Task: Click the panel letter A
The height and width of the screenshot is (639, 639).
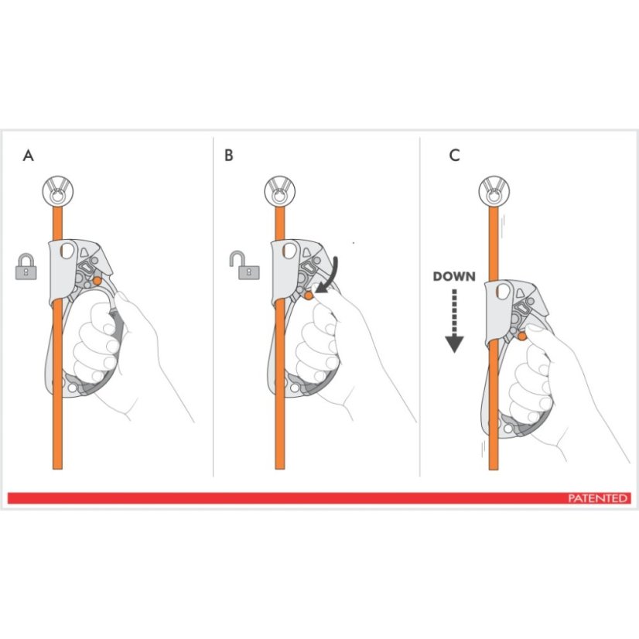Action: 29,155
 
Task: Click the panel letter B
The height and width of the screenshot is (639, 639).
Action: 228,155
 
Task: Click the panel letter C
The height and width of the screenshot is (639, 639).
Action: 454,155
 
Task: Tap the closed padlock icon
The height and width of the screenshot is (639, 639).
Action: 26,265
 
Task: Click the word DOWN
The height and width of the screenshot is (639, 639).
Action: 453,276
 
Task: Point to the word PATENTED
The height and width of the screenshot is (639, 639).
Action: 597,499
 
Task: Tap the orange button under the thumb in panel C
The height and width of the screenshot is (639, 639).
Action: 522,335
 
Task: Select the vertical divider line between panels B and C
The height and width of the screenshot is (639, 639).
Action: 420,309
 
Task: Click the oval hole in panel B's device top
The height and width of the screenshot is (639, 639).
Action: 289,251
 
